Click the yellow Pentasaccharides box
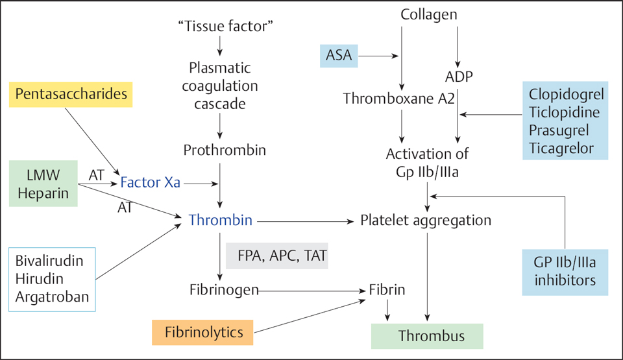point(71,95)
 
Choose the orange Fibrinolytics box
point(203,333)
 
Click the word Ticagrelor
point(561,148)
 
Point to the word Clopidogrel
point(566,94)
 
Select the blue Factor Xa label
point(150,184)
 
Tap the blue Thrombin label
point(221,221)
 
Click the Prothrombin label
point(225,150)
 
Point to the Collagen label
point(429,14)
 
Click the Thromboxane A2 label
point(398,99)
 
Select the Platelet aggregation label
point(426,221)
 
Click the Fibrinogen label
point(225,289)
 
